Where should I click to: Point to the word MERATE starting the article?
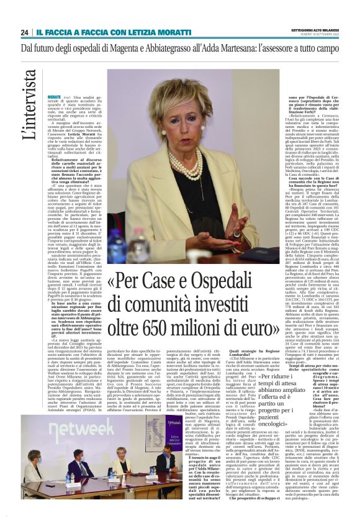click(55, 97)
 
